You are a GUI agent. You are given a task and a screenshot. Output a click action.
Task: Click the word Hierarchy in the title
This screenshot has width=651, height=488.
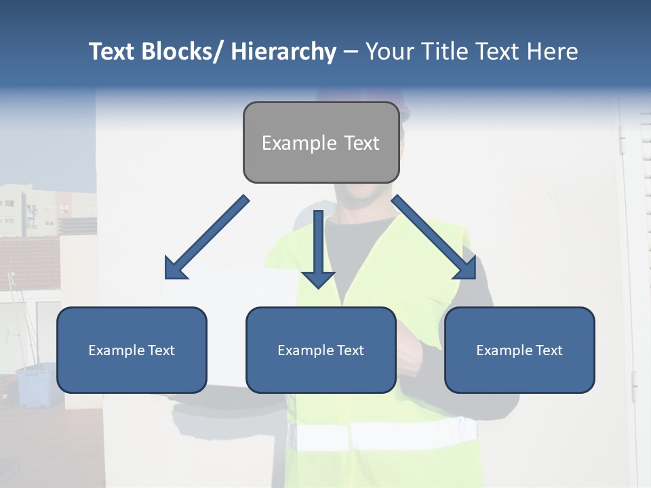tap(283, 52)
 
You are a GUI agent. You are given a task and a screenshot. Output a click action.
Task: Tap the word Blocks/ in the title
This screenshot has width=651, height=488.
tap(184, 52)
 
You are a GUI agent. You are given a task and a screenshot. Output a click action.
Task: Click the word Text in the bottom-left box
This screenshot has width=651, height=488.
tap(161, 350)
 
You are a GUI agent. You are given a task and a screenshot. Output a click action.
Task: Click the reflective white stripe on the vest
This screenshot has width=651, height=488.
tap(387, 434)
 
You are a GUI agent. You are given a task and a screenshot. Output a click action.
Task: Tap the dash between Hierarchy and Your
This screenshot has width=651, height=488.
tap(351, 52)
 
